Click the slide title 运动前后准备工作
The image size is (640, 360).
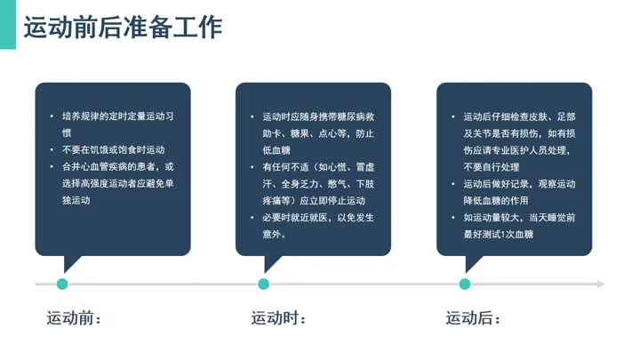pyautogui.click(x=122, y=28)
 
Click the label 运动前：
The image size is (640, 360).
pyautogui.click(x=75, y=317)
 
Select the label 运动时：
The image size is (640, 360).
pyautogui.click(x=278, y=317)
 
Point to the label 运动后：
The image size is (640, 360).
pyautogui.click(x=474, y=317)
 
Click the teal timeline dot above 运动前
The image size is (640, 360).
pyautogui.click(x=62, y=284)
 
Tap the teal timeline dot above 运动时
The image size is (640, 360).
pyautogui.click(x=264, y=284)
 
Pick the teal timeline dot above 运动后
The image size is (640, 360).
pyautogui.click(x=465, y=284)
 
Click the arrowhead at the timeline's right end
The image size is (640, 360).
pyautogui.click(x=601, y=284)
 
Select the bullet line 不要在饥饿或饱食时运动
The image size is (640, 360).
pyautogui.click(x=113, y=150)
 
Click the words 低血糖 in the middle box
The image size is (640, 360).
pyautogui.click(x=276, y=150)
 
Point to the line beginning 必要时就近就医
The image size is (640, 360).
pyautogui.click(x=317, y=218)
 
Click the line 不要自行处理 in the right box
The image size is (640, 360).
pyautogui.click(x=492, y=167)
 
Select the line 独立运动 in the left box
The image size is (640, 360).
pyautogui.click(x=76, y=201)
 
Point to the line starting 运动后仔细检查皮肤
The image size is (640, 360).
pyautogui.click(x=519, y=116)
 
